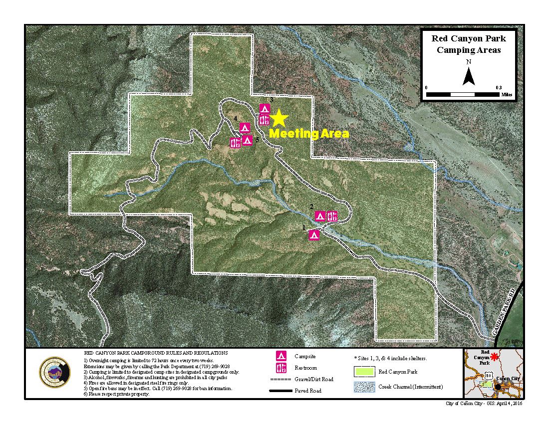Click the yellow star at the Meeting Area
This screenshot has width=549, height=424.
click(x=279, y=118)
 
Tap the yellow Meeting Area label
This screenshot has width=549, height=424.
click(x=309, y=134)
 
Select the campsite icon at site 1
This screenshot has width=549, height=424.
click(x=314, y=235)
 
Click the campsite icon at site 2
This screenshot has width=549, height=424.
click(x=320, y=216)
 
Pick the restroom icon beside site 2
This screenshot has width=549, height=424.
click(x=332, y=216)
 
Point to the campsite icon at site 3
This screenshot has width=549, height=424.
click(x=265, y=108)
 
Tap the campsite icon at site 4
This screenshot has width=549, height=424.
click(x=244, y=127)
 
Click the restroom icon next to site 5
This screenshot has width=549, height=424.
click(x=235, y=142)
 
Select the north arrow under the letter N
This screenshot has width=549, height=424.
click(x=468, y=77)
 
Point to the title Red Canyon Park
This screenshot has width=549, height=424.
click(x=469, y=38)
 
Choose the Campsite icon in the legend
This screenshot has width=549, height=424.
click(x=282, y=356)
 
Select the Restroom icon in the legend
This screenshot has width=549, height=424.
click(x=282, y=368)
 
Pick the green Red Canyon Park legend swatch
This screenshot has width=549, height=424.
click(x=364, y=372)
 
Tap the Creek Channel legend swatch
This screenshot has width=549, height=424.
click(x=364, y=387)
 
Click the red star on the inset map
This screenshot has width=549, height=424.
click(x=495, y=357)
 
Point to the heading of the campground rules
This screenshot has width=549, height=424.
click(x=156, y=353)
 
